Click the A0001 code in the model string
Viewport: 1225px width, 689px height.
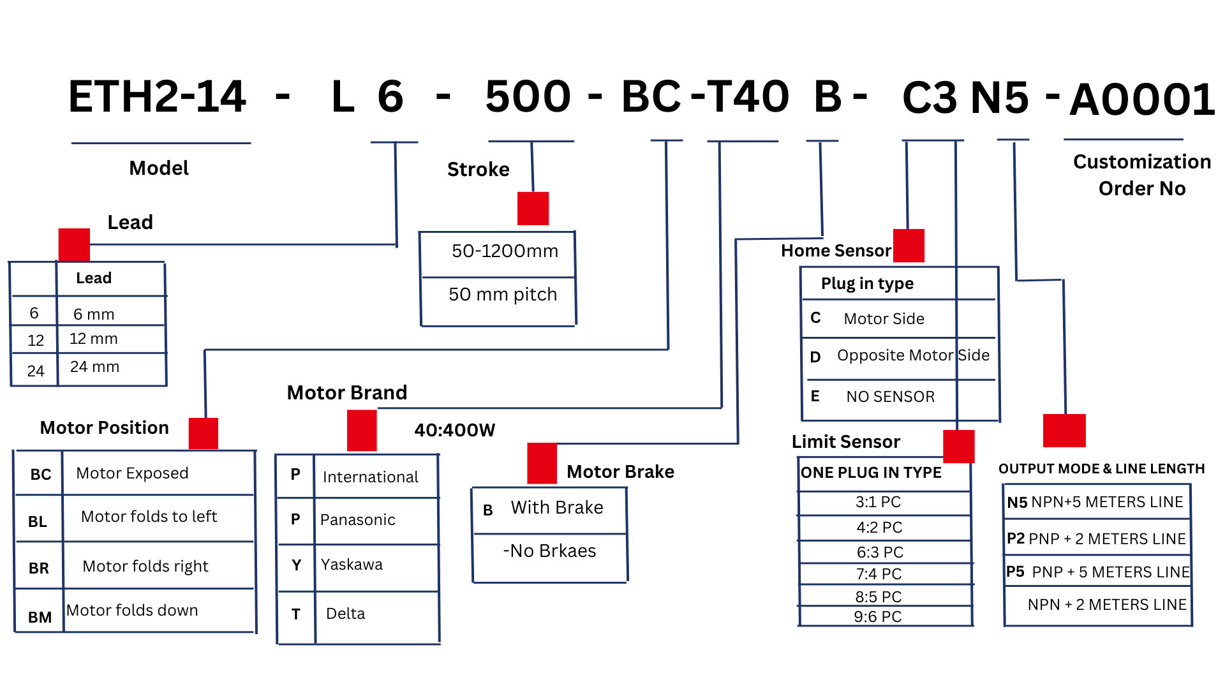pos(1141,100)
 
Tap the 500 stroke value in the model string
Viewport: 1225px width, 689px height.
pos(528,97)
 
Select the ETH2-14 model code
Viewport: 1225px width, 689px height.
pos(157,97)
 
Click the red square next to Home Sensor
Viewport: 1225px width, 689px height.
pos(909,246)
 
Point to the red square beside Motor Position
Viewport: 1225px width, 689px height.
pos(204,434)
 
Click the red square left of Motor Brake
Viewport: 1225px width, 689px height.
pos(542,463)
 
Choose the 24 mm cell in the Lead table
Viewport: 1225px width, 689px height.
pos(94,367)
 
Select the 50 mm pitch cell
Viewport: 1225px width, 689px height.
pos(503,294)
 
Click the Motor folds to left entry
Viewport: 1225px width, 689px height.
pos(149,516)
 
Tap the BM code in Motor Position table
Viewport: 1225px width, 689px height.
pos(40,617)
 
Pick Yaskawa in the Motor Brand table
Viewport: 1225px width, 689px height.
pos(352,565)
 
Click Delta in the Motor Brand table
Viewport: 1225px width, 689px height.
pos(345,614)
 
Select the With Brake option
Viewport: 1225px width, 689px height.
pos(556,508)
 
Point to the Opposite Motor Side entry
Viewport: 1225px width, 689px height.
pos(913,355)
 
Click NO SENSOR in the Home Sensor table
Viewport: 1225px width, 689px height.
pos(890,397)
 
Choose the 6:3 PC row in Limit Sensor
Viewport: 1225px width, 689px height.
pos(880,552)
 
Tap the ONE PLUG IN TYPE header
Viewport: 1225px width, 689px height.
pos(871,473)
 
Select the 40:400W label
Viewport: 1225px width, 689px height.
pos(454,431)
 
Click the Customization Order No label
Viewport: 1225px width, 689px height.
pos(1141,175)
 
